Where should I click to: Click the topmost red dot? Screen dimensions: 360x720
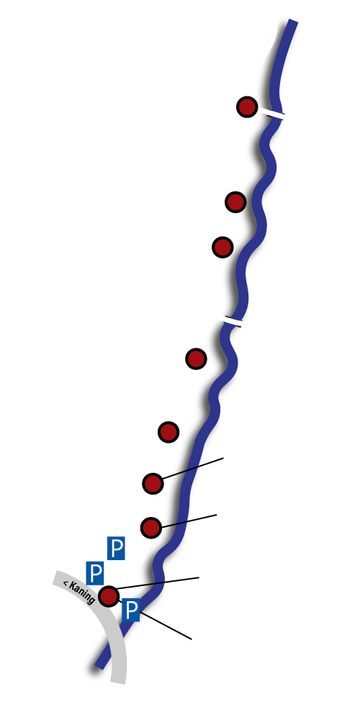tap(246, 107)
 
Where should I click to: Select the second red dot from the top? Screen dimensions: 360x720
tap(235, 202)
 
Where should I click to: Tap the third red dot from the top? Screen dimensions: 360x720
tap(222, 247)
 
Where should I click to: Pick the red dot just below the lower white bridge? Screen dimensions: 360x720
tap(196, 358)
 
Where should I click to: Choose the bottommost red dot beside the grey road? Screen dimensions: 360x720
tap(109, 596)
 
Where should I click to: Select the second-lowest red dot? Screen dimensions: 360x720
tap(151, 528)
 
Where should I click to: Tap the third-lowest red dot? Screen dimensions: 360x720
tap(153, 483)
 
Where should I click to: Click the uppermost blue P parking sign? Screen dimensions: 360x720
tap(116, 548)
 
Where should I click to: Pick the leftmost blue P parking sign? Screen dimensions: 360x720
tap(95, 573)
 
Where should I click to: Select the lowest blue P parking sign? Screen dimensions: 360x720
tap(131, 610)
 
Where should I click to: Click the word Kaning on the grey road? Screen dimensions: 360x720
tap(83, 593)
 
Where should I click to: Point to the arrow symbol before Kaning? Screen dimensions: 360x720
tap(66, 584)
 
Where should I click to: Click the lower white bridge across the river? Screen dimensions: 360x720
tap(233, 321)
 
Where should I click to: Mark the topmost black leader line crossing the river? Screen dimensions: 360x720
tap(192, 469)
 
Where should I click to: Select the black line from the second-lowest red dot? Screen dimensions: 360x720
tap(189, 521)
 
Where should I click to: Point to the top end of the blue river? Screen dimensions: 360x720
tap(293, 21)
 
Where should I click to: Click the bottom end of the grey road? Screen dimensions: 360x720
tap(119, 681)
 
